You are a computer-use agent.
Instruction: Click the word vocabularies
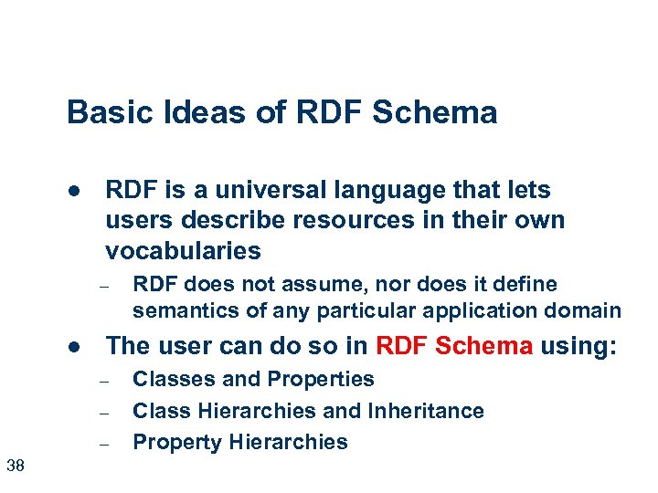[x=183, y=250]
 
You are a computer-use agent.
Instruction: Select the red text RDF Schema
[x=454, y=346]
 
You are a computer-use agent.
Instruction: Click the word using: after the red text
[x=578, y=346]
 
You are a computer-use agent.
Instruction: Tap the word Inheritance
[x=426, y=411]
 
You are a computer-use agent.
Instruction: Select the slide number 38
[x=16, y=467]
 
